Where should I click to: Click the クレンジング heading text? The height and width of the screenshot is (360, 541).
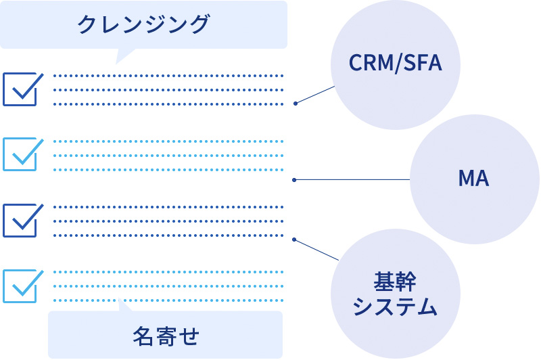(x=143, y=24)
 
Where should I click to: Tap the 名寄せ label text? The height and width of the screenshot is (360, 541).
(x=166, y=335)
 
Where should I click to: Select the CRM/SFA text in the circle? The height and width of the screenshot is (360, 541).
(x=395, y=64)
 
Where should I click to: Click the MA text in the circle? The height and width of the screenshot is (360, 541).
(x=473, y=179)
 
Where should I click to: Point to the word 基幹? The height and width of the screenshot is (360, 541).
(x=395, y=280)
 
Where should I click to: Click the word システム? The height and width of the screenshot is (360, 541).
(x=395, y=307)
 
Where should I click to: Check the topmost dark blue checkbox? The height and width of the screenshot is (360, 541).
(x=20, y=89)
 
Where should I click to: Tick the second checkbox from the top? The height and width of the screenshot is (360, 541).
(x=20, y=154)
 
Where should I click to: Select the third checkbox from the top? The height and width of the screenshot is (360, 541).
(x=20, y=220)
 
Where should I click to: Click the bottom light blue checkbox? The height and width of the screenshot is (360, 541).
(x=20, y=286)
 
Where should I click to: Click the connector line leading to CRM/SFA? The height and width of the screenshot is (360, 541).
(x=316, y=95)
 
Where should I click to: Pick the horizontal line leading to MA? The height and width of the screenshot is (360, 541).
(x=352, y=179)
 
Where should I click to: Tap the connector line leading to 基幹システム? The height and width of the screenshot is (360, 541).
(x=316, y=250)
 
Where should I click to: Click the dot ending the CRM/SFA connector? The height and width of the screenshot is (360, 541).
(x=296, y=104)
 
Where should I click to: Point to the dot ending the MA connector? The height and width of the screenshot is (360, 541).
(x=296, y=180)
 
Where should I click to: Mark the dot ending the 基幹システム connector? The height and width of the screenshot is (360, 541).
(x=295, y=240)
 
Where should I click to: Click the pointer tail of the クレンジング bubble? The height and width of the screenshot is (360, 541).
(x=125, y=55)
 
